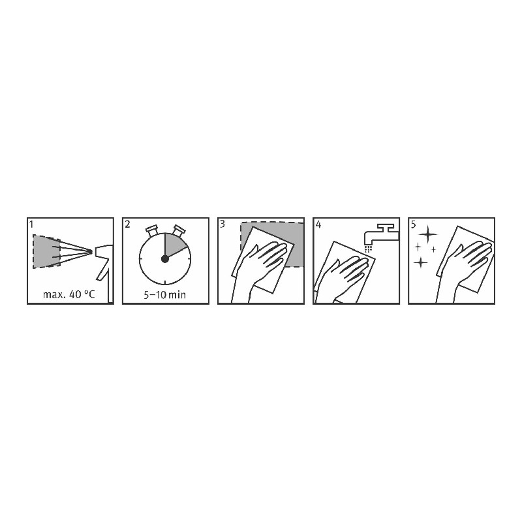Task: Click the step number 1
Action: pos(31,224)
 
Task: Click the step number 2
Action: pos(127,224)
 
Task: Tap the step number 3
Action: pos(223,224)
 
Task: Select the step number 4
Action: pos(318,224)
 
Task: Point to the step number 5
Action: pos(413,224)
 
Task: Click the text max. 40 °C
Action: pos(69,294)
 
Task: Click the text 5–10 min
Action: pos(164,295)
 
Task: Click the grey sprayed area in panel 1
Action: pos(46,251)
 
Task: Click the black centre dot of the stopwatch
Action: pos(165,258)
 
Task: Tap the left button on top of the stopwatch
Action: pos(152,231)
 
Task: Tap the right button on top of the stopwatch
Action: pos(178,231)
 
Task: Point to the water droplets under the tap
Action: pos(368,249)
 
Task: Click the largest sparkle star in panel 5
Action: pos(428,234)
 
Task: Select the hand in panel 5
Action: pos(465,270)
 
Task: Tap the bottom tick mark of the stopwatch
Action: pos(165,282)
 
